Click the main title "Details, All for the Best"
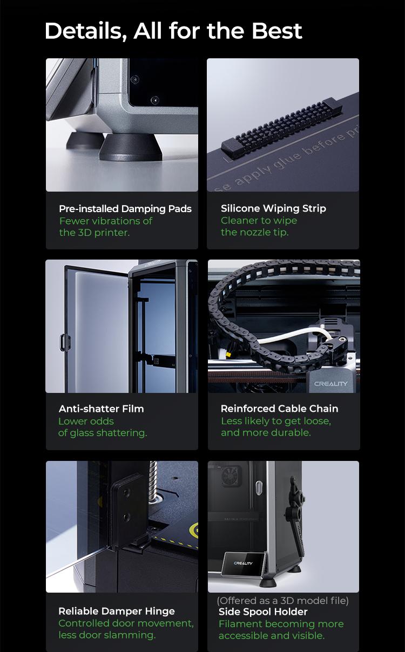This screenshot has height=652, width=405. point(173,31)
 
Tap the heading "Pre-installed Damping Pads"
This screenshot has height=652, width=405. point(125,209)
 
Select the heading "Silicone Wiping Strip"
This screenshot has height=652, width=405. point(273,208)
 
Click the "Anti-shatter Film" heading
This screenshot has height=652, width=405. point(102,409)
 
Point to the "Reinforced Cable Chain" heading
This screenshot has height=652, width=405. point(280,409)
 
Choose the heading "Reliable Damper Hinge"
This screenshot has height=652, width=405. point(117,611)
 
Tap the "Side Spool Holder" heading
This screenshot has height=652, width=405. point(263,612)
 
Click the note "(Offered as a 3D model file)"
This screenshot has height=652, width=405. point(283,600)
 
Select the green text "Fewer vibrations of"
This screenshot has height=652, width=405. point(106,221)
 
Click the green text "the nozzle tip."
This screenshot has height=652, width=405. point(255,233)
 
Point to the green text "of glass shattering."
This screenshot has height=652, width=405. point(103,433)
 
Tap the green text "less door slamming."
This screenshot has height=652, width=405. point(107,635)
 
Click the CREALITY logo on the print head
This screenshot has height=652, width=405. point(331,384)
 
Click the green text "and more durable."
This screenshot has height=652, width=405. point(266,433)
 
